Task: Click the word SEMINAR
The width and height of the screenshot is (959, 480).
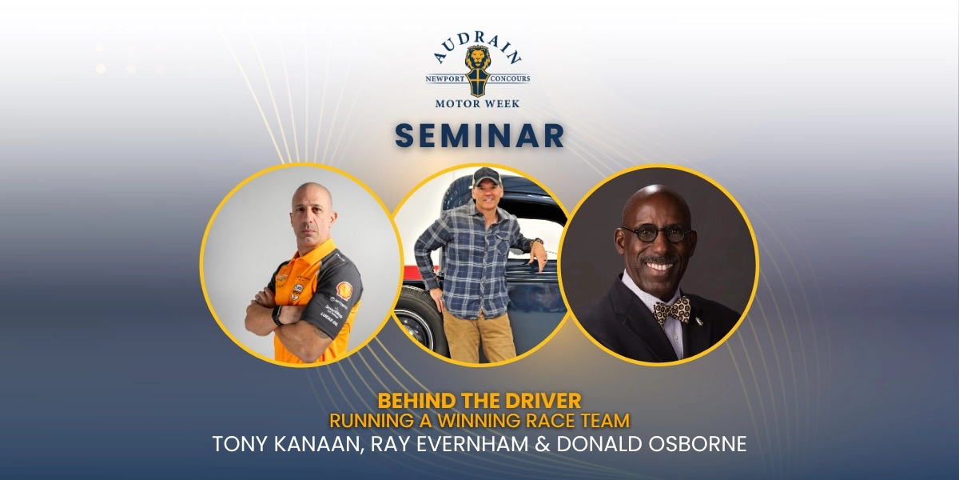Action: (479, 135)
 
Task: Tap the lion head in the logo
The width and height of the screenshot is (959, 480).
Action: (478, 58)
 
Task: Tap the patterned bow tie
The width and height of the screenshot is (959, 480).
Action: (672, 310)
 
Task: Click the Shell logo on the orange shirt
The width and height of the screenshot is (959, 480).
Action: (344, 290)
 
